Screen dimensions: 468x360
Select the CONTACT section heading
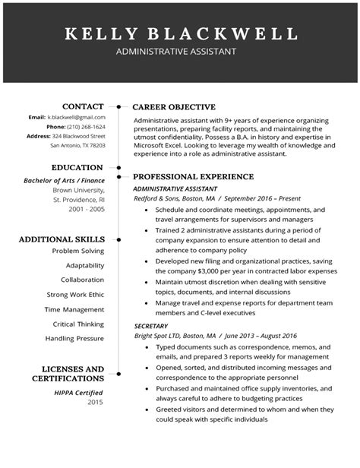[x=83, y=106]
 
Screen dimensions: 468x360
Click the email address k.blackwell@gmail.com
[x=77, y=118]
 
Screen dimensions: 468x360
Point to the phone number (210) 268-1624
[x=87, y=127]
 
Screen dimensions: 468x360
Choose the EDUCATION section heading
[x=77, y=167]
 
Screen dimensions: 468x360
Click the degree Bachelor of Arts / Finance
[x=65, y=180]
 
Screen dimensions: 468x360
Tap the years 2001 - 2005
[x=87, y=207]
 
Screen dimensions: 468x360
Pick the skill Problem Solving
[x=78, y=251]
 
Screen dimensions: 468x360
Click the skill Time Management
[x=74, y=309]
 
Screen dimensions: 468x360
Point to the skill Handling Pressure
[x=74, y=338]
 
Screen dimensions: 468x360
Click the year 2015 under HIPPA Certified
[x=95, y=402]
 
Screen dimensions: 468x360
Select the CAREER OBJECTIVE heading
[x=174, y=107]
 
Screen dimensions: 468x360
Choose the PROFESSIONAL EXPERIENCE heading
[x=193, y=176]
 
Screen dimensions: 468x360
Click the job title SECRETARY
[x=150, y=325]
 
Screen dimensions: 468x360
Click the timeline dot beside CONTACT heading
[x=119, y=106]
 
